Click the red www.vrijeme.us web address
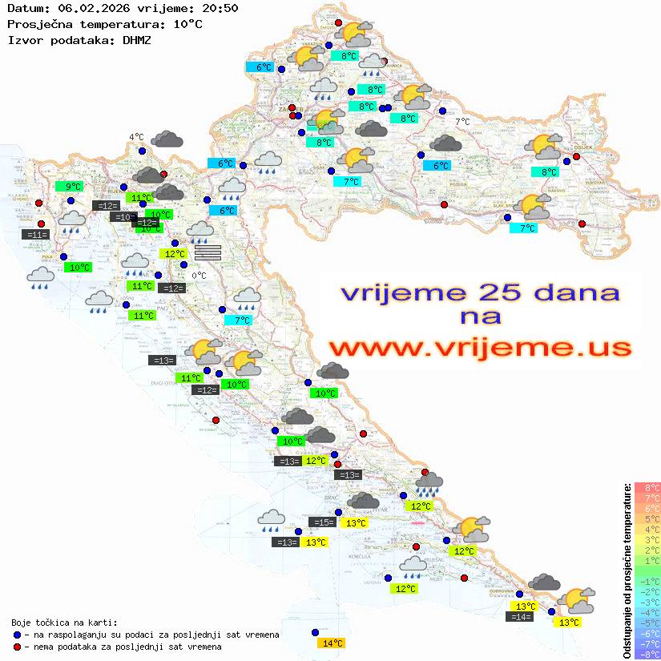tap(479, 349)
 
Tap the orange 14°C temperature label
tap(332, 643)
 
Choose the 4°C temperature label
tap(136, 137)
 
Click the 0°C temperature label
tap(199, 276)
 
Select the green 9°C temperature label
tap(73, 187)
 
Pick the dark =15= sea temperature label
tap(323, 522)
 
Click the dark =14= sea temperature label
tap(519, 616)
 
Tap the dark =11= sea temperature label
tap(36, 235)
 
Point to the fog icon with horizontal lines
tap(208, 252)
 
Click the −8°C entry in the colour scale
tap(647, 654)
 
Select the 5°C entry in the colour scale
tap(647, 518)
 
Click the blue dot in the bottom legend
tap(17, 635)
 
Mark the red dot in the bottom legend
tap(17, 647)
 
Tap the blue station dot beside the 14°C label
tap(315, 632)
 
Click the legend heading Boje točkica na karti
tap(64, 623)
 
